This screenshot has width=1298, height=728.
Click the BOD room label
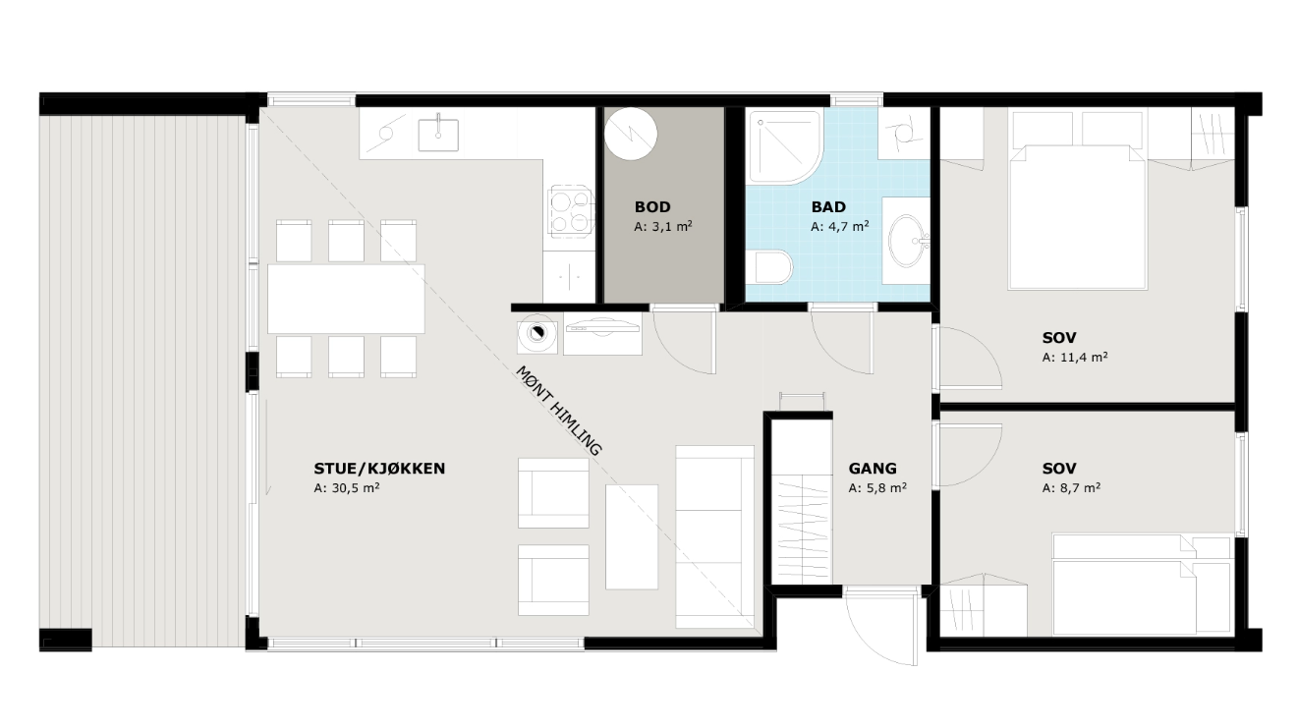(x=651, y=206)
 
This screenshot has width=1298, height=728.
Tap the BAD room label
(x=828, y=206)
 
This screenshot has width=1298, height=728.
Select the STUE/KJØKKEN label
(x=379, y=469)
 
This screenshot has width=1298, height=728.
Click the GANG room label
(x=873, y=469)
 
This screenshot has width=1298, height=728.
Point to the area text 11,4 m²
(x=1075, y=358)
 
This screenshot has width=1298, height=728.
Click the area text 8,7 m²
(x=1071, y=488)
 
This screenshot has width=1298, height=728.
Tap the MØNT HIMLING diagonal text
(x=559, y=410)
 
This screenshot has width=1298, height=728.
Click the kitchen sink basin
(x=438, y=135)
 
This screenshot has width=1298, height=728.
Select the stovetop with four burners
(x=571, y=211)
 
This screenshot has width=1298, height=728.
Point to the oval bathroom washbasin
(x=908, y=241)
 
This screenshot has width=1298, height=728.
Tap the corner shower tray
(x=785, y=147)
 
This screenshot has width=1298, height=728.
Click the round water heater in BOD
(x=631, y=134)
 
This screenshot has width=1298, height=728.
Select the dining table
(x=346, y=299)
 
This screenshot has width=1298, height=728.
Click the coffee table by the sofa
(x=632, y=536)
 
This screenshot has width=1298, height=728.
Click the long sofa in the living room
(x=715, y=536)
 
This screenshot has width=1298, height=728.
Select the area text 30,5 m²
(x=347, y=488)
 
